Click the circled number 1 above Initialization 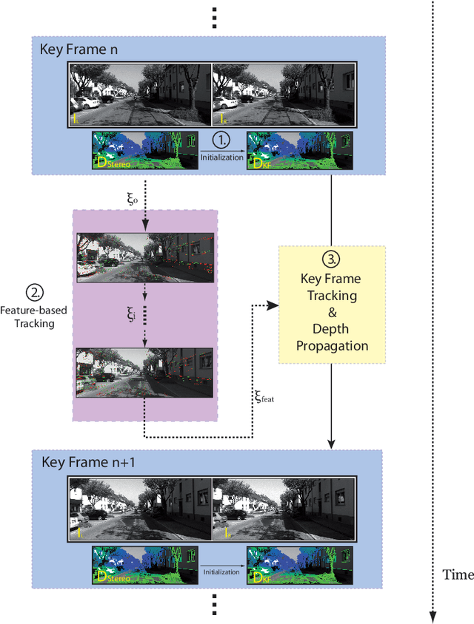point(222,138)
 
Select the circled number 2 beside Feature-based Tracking point(33,292)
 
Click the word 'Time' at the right point(458,574)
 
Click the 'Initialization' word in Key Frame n point(222,157)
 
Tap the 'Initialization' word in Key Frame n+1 point(222,572)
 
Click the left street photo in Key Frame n point(140,94)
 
